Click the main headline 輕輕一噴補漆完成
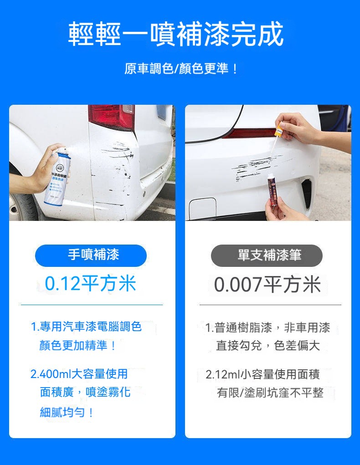pos(176,34)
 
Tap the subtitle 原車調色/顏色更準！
pos(181,68)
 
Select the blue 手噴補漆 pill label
pos(91,255)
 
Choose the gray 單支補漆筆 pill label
pos(267,255)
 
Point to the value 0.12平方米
pos(91,283)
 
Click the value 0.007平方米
pos(267,284)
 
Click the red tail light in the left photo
pos(111,117)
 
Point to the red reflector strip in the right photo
pos(249,133)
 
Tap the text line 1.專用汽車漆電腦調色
pos(87,327)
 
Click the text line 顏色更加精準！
pos(78,345)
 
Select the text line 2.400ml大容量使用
pos(79,374)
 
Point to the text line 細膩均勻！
pos(67,412)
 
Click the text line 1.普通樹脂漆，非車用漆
pos(267,328)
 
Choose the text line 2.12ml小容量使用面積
pos(262,374)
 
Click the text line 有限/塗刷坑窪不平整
pos(270,393)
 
